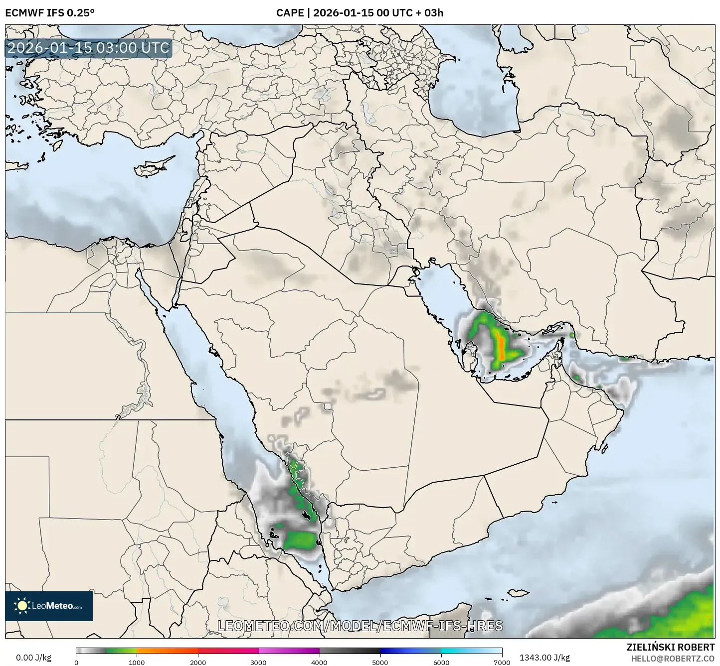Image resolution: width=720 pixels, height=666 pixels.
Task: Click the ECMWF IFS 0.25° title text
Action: click(50, 12)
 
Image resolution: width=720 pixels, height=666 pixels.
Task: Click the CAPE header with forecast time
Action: click(360, 12)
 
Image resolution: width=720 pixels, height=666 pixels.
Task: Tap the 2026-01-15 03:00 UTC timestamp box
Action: click(89, 48)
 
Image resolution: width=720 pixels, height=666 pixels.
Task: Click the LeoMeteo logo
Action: click(49, 606)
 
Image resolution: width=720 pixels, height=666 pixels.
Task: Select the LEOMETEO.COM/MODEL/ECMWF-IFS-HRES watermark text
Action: click(360, 626)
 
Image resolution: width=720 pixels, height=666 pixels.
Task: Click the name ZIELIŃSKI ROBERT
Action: click(670, 647)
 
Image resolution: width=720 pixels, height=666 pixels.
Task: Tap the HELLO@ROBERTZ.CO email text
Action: click(673, 658)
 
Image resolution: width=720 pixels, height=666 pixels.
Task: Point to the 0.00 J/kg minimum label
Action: click(33, 658)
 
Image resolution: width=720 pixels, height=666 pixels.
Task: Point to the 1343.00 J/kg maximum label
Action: click(544, 658)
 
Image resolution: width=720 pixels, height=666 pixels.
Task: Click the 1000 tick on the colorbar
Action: click(137, 662)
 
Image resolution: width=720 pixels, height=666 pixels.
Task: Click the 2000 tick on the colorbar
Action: click(198, 662)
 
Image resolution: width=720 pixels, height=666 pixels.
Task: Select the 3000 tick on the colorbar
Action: click(259, 662)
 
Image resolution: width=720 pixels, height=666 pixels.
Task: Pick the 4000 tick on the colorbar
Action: click(320, 662)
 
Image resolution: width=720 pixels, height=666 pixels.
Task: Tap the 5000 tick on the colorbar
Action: click(380, 662)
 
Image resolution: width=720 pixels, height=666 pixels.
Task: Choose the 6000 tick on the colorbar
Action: click(441, 662)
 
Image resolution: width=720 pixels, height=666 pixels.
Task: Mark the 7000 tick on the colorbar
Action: click(502, 662)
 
